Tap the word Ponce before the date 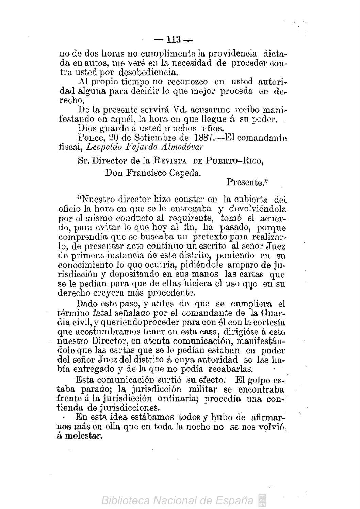pyautogui.click(x=87, y=138)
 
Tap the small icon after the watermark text pyautogui.click(x=263, y=500)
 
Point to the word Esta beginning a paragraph pyautogui.click(x=83, y=379)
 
